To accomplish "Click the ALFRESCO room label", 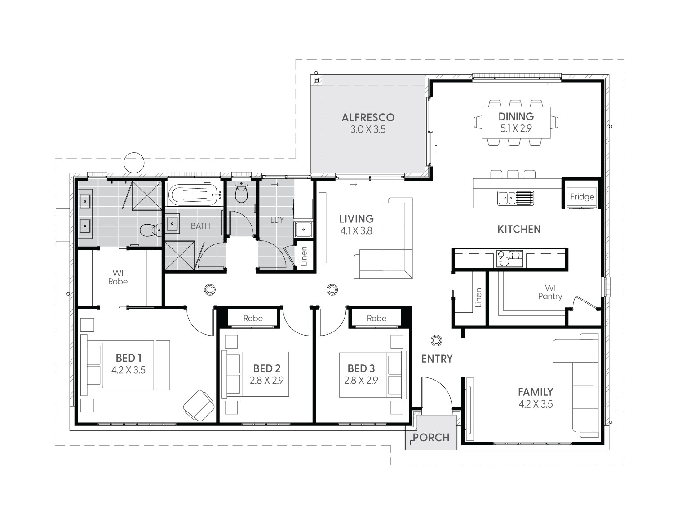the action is pos(368,117).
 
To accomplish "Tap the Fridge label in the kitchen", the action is pos(582,197).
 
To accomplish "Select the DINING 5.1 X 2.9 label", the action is pos(516,122).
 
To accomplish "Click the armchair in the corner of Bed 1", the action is pos(199,405).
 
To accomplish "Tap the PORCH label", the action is pos(431,437).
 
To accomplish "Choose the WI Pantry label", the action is pos(550,292).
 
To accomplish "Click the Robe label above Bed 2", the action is pos(253,318).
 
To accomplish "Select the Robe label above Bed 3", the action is pos(376,318).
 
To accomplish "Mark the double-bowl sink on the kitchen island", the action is pos(515,198).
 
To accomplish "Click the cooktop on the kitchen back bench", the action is pos(509,258).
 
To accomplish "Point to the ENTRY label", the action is pos(437,359).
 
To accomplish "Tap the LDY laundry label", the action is pos(277,220).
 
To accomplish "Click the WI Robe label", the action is pos(118,277).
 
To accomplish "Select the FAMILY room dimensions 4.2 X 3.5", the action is pos(536,404).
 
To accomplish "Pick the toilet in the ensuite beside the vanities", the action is pos(151,230).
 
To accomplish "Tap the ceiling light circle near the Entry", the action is pos(436,340).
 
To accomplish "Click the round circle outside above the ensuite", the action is pos(134,163).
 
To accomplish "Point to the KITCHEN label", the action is pos(519,229).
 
